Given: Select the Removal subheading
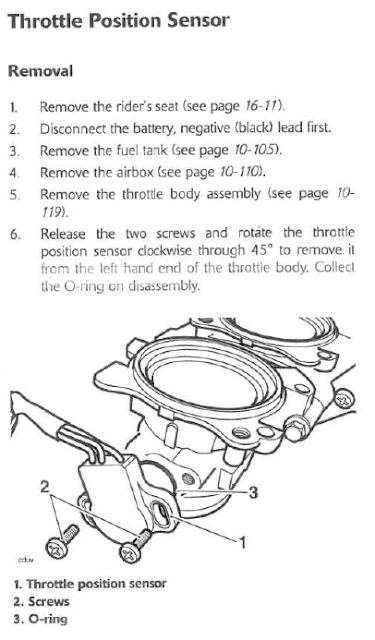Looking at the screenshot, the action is (40, 71).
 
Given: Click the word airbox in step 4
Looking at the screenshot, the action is (135, 172).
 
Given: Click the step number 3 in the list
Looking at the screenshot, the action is (14, 151).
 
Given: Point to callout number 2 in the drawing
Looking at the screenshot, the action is (45, 487).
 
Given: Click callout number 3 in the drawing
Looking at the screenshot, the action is (253, 493).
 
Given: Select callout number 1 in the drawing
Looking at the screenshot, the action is (242, 543).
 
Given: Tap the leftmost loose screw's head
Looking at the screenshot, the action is (57, 547).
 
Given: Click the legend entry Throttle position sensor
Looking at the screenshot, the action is (90, 584).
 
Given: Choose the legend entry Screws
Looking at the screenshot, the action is (41, 602).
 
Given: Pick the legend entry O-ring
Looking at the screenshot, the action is (40, 619).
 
